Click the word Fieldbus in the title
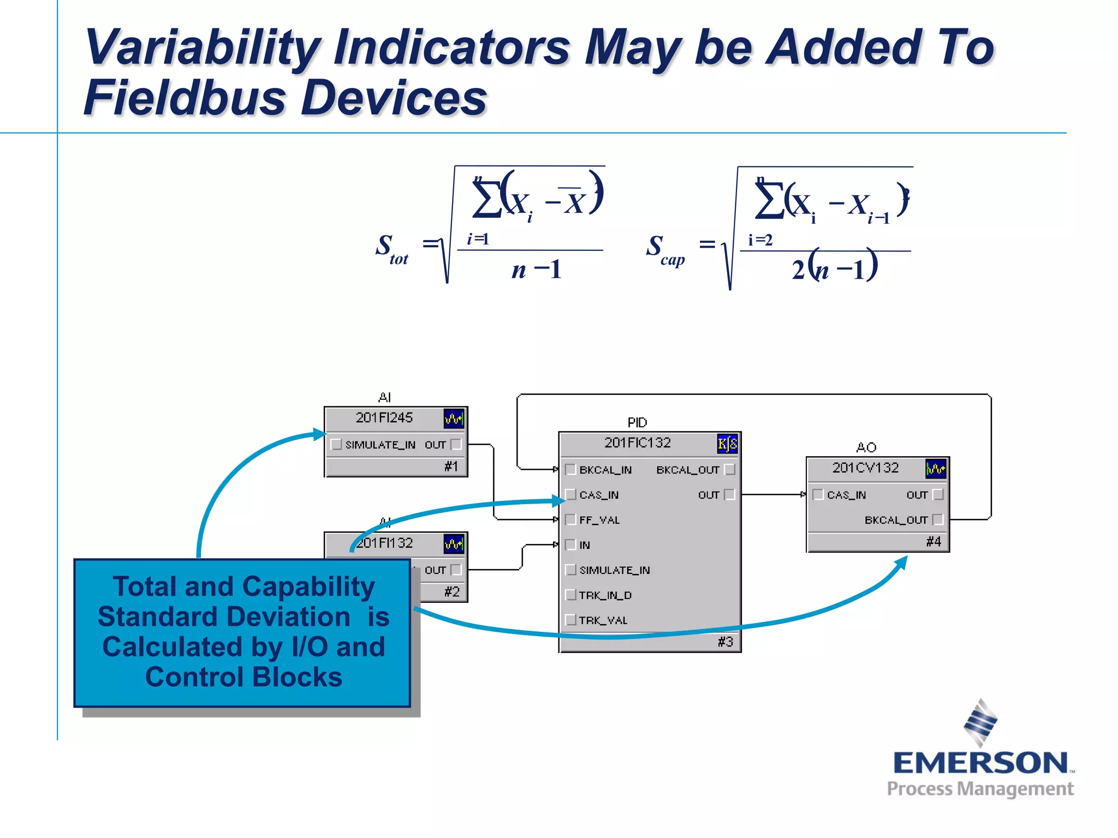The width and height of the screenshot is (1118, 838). [185, 98]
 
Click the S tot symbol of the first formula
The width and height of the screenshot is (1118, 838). [391, 249]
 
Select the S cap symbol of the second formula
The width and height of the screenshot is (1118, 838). [664, 249]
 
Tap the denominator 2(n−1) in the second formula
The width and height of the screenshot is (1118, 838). [834, 268]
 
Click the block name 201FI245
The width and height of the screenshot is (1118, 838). [384, 418]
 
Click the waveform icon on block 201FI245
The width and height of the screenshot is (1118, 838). [453, 419]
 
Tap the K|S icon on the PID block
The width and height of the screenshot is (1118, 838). [727, 444]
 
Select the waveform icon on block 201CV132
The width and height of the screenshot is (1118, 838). [936, 469]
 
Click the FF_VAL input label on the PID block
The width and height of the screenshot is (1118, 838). [599, 520]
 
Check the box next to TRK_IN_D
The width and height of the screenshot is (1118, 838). [570, 595]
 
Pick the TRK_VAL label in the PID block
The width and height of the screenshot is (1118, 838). [603, 620]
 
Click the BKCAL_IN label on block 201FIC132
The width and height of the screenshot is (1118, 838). [605, 470]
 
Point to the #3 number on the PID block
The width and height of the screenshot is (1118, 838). [725, 642]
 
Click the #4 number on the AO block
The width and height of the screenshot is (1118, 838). [933, 542]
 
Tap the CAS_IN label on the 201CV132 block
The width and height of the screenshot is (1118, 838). [846, 495]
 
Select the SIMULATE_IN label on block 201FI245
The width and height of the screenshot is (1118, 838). [380, 445]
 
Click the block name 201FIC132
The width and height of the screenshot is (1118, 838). [637, 443]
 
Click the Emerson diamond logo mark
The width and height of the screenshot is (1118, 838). [980, 722]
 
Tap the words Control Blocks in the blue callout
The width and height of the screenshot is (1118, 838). [243, 677]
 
